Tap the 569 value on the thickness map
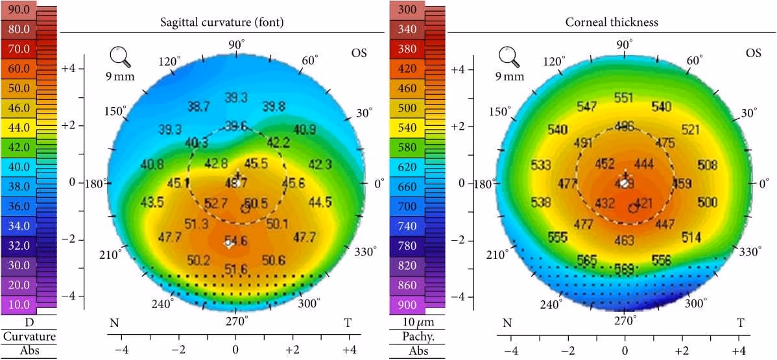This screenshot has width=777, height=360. click(x=624, y=267)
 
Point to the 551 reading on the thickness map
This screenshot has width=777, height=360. click(x=624, y=98)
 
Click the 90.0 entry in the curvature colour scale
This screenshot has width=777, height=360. click(x=18, y=10)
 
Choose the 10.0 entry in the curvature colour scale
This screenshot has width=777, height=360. click(x=18, y=305)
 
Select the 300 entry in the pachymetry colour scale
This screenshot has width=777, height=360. click(x=407, y=10)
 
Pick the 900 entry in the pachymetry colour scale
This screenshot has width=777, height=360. click(x=407, y=305)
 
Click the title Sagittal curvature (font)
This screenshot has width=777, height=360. click(x=222, y=22)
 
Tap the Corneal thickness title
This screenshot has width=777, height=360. click(x=612, y=22)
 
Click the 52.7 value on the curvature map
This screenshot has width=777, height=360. click(x=215, y=204)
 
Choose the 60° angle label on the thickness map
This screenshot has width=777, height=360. click(x=694, y=60)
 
